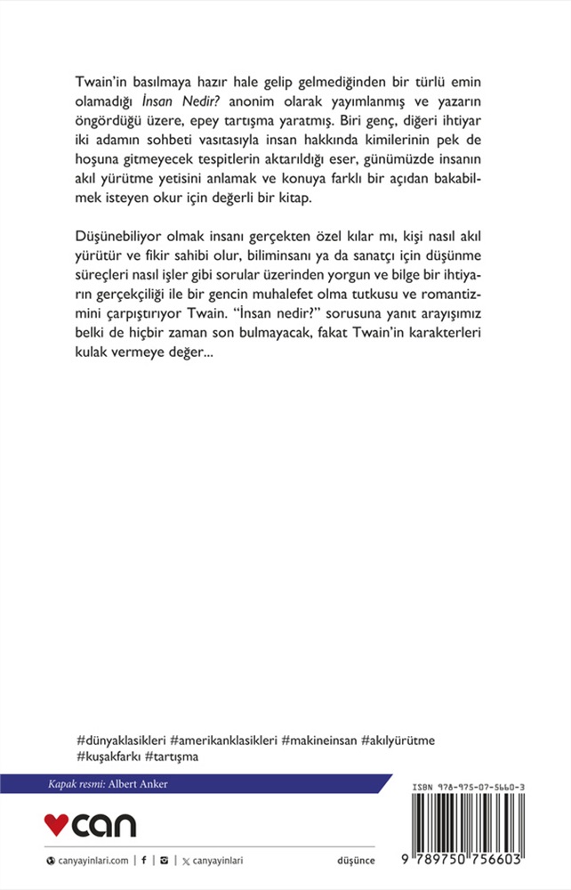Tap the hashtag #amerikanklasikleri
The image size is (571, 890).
(223, 740)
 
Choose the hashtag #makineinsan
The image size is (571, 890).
(318, 740)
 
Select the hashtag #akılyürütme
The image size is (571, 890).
(398, 740)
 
